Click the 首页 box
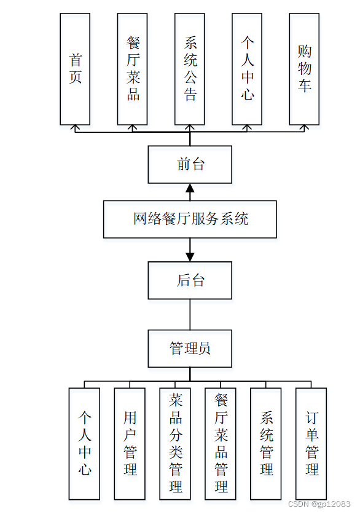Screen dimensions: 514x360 (75, 69)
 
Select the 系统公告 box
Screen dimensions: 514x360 (190, 69)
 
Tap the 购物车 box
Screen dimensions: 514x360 (304, 69)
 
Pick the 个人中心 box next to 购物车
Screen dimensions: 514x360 (247, 69)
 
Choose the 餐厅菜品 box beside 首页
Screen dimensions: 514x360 (132, 69)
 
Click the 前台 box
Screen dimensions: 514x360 (190, 164)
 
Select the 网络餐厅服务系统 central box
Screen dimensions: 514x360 (190, 219)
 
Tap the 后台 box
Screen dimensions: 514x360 (190, 280)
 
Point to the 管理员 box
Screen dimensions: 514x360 (190, 349)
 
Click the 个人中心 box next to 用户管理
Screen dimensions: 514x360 (85, 443)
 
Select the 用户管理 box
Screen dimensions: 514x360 (130, 443)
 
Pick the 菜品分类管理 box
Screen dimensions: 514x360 (175, 443)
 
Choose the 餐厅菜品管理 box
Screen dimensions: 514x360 (221, 443)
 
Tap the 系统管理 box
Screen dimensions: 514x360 (266, 443)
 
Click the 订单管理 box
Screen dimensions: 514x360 (311, 443)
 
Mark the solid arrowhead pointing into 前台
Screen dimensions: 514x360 (190, 188)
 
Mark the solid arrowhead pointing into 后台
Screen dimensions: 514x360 (190, 256)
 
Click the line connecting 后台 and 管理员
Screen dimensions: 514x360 (190, 314)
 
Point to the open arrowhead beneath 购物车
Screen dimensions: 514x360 (304, 128)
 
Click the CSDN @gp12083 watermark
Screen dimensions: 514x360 (319, 504)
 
